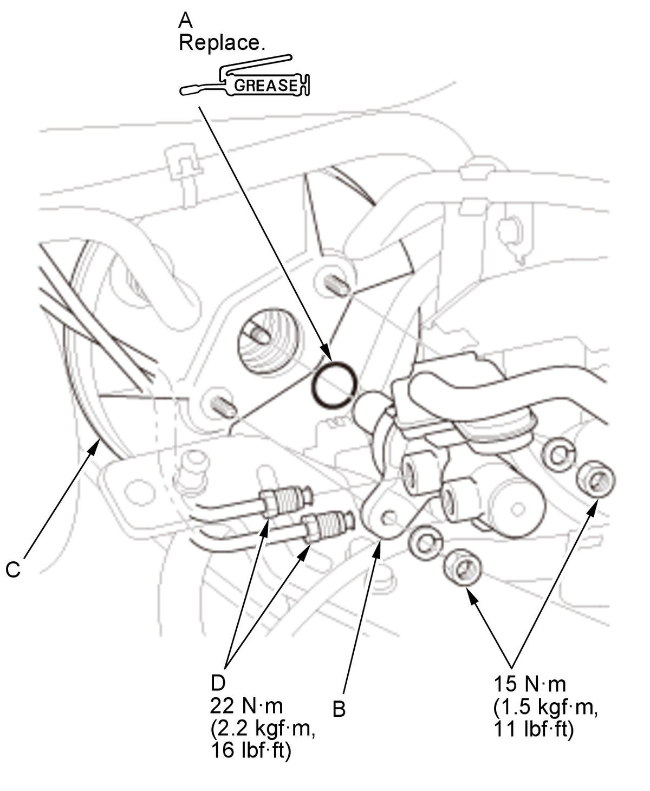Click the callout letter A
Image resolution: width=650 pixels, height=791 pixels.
(x=185, y=20)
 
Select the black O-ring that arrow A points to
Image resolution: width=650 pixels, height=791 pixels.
(x=334, y=384)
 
